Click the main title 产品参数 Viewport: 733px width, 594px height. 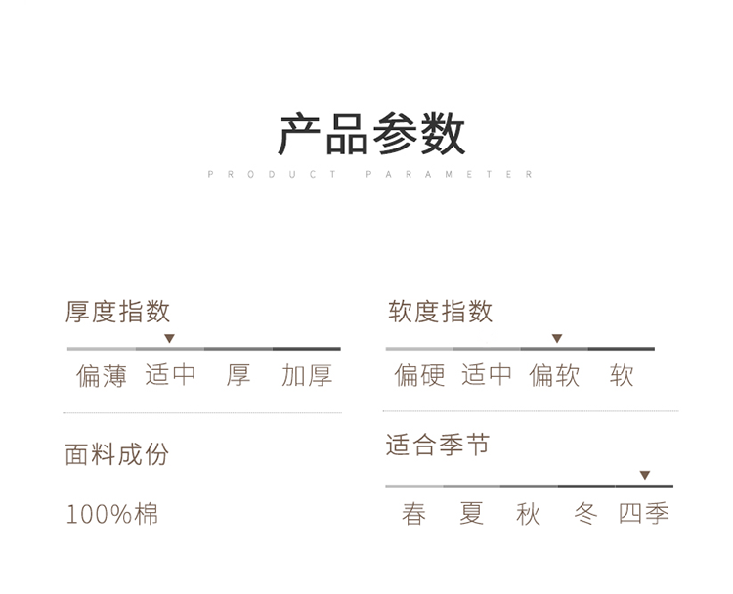coord(371,134)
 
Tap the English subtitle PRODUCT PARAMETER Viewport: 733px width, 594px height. coord(371,175)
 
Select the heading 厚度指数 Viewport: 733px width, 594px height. coord(117,312)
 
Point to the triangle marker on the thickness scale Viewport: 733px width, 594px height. coord(169,338)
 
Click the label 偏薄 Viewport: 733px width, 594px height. coord(102,375)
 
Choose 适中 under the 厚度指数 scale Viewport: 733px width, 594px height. coord(170,375)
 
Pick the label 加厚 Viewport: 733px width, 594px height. coord(307,375)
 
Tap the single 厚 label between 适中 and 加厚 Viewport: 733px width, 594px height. coord(238,375)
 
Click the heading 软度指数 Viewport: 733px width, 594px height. coord(441,312)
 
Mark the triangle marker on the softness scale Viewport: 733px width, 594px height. coord(557,338)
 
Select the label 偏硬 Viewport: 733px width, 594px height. coord(420,375)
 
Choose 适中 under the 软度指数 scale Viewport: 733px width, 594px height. coord(487,375)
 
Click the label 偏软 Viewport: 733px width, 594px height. coord(555,375)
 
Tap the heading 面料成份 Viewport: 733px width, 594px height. coord(117,454)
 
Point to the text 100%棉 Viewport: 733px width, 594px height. coord(112,514)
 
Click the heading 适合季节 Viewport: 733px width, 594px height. coord(437,446)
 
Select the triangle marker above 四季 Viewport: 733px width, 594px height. coord(645,475)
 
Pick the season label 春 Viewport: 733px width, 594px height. coord(414,514)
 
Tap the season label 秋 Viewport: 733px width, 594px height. coord(529,514)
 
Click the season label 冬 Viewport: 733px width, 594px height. coord(585,514)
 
